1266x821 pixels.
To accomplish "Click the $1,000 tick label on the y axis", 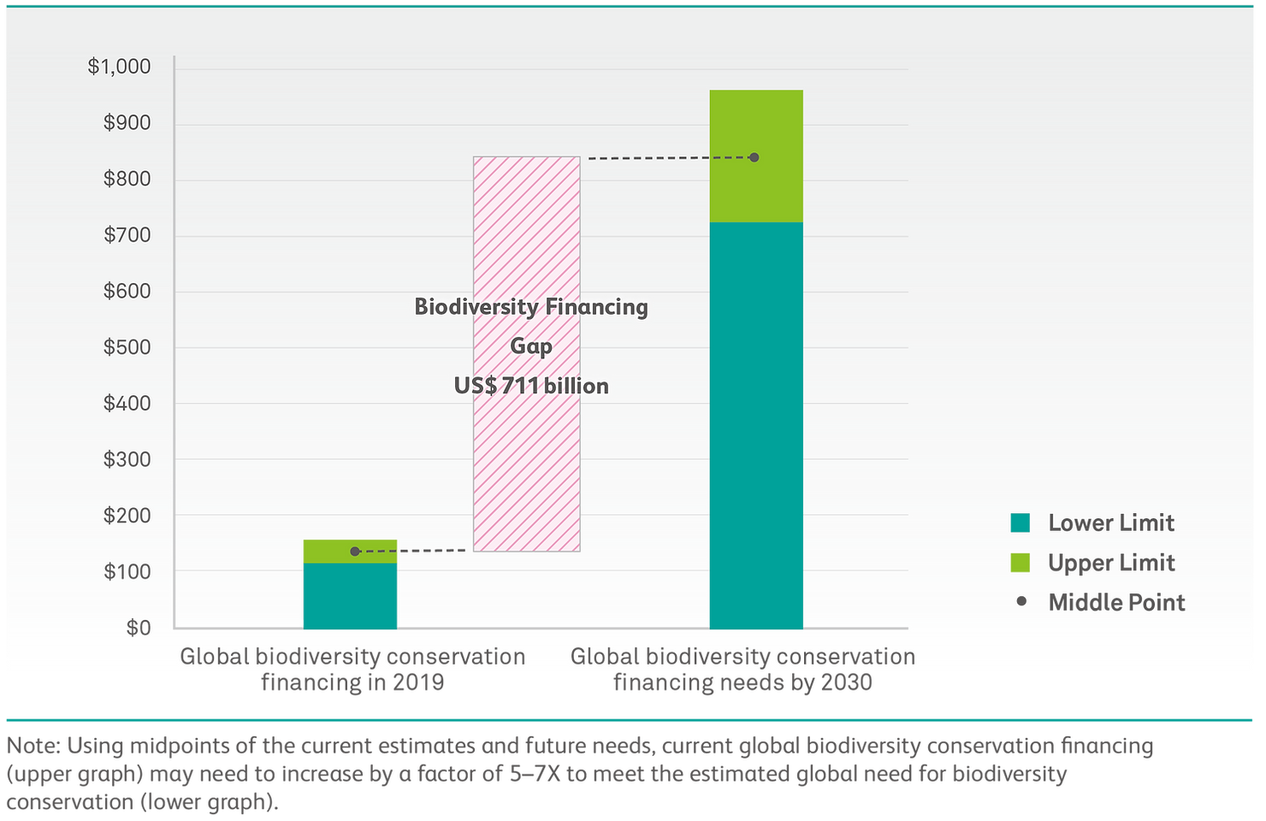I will [x=119, y=67].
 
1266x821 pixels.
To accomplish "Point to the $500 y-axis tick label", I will [x=127, y=347].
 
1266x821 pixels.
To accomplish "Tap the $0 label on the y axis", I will [x=138, y=628].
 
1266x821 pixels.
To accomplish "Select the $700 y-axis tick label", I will [x=127, y=235].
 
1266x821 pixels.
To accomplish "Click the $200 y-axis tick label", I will [x=127, y=516].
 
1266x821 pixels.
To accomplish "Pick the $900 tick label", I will [x=127, y=123].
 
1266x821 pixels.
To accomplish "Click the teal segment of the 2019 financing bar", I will [x=350, y=596].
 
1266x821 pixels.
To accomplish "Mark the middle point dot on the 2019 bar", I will [x=355, y=552].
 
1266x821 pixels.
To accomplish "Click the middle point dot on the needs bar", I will [x=754, y=157].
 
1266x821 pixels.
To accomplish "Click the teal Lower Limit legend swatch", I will [x=1020, y=523].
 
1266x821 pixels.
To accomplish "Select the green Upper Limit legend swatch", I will [x=1020, y=563].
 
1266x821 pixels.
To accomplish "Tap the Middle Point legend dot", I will [x=1020, y=602].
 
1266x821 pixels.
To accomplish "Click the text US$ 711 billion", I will [x=531, y=386].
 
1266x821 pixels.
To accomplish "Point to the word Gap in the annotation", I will [x=531, y=346].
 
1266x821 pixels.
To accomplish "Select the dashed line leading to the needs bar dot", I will [x=667, y=158].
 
